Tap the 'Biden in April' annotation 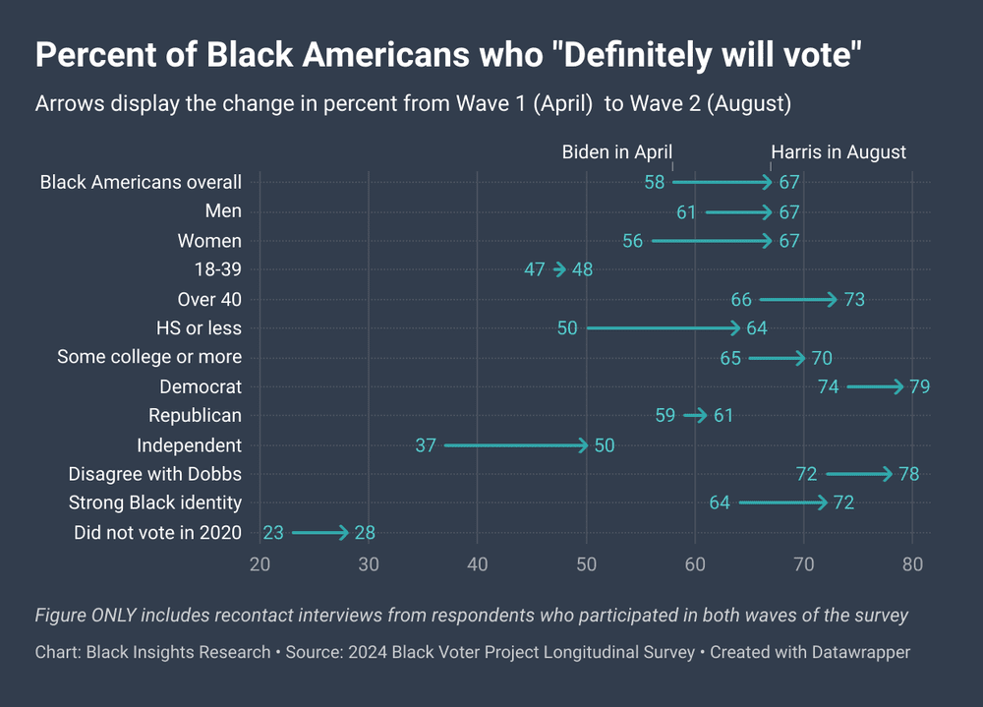pos(616,152)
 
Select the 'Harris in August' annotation pos(838,152)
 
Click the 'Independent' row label pos(189,445)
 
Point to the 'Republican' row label pos(195,416)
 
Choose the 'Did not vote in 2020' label pos(157,533)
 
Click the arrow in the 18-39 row pos(559,269)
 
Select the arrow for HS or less pos(663,328)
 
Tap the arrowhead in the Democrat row pos(899,386)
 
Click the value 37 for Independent pos(425,445)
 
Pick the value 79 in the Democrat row pos(919,386)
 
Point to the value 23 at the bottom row pos(273,533)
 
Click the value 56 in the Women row pos(632,241)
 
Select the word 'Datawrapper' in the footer pos(859,652)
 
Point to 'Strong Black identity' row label pos(154,503)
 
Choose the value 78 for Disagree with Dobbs pos(908,475)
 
